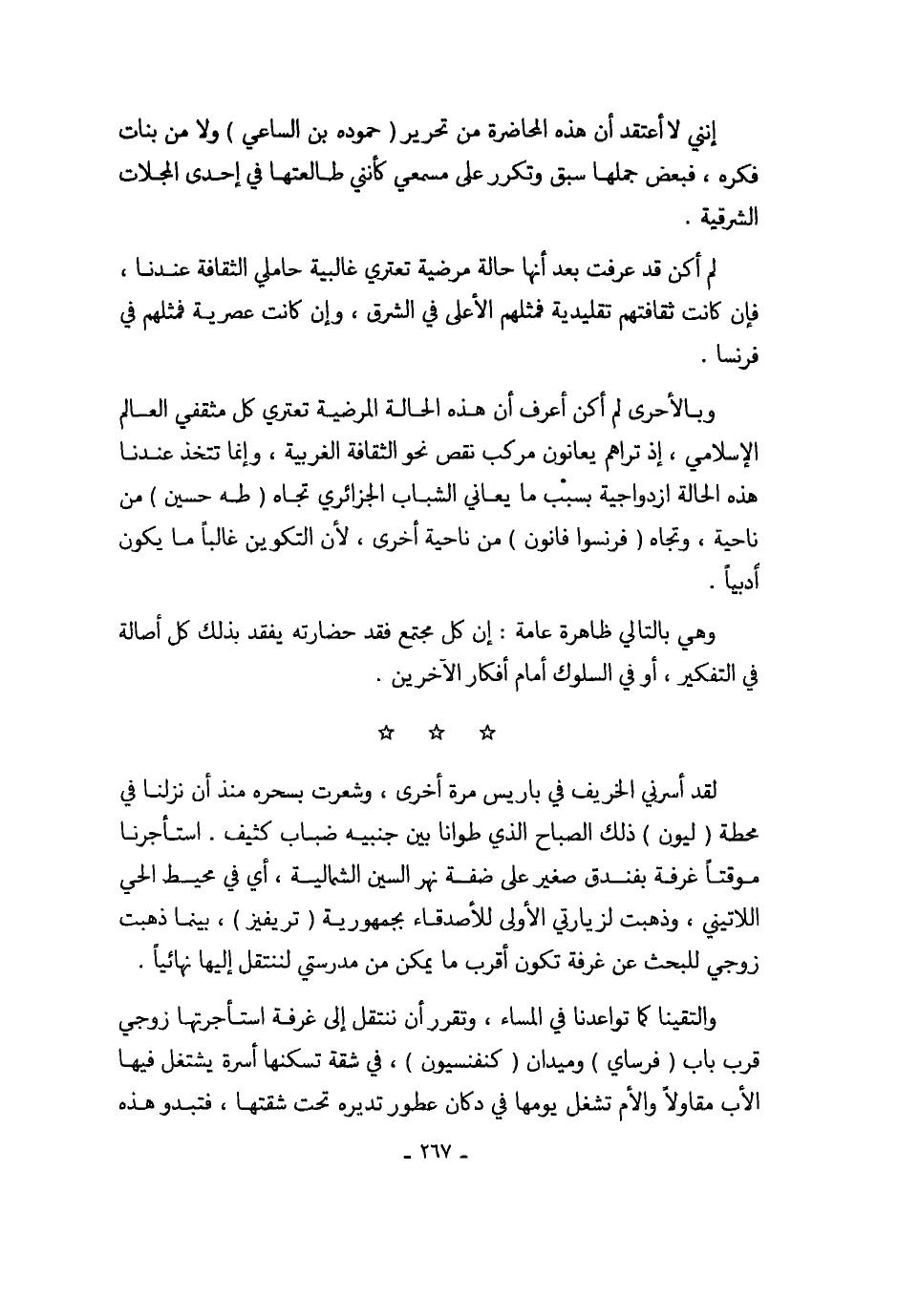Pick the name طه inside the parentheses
224,498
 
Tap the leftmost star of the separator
386,734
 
